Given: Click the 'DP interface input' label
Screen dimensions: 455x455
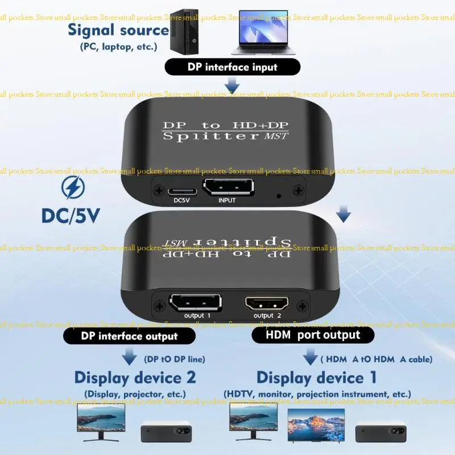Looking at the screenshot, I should click(x=232, y=67).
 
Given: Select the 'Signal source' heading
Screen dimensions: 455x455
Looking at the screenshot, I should click(x=118, y=30).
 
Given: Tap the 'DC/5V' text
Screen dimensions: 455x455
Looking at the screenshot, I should click(x=71, y=216).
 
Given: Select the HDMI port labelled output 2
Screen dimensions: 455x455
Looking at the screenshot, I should click(x=267, y=304).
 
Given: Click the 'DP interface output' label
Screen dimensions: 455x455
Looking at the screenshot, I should click(x=129, y=336).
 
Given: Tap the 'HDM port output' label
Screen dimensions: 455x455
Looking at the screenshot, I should click(x=313, y=334).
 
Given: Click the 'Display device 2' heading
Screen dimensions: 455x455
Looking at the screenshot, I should click(x=135, y=377).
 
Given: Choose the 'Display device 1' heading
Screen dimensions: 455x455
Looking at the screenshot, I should click(x=317, y=378).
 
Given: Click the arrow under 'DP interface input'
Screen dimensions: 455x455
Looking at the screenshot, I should click(x=231, y=86).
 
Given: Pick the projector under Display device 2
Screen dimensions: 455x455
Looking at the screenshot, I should click(x=166, y=431).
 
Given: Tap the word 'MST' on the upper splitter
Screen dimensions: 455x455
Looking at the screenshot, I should click(x=276, y=135).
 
